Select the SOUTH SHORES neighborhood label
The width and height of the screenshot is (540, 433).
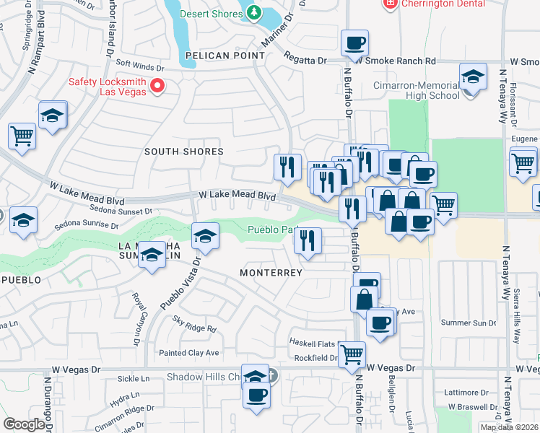183,152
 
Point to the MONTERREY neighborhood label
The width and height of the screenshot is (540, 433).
271,273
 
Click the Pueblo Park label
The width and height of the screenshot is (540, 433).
272,231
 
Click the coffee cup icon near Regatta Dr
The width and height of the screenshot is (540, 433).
354,44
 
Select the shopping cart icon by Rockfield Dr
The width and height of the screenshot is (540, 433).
352,354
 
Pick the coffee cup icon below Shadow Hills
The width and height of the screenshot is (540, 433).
256,395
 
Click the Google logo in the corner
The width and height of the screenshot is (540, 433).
24,424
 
